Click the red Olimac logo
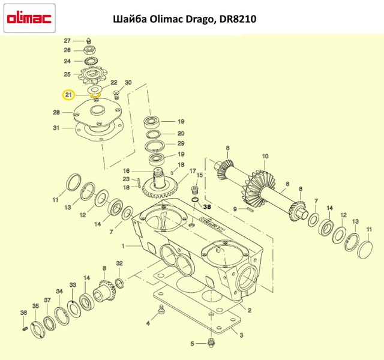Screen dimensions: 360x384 [28, 19]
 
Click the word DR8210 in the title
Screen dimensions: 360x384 [236, 19]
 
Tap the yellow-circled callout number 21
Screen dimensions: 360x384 [68, 95]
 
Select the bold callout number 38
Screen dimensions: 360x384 [207, 206]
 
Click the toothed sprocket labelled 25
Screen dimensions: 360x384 [94, 75]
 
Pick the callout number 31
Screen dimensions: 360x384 [56, 128]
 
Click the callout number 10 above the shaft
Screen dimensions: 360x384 [264, 157]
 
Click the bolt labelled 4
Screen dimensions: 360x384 [161, 311]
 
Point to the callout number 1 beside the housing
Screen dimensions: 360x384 [123, 246]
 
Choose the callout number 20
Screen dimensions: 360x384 [181, 133]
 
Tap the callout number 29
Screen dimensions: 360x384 [181, 144]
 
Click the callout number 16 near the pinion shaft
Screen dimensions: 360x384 [136, 170]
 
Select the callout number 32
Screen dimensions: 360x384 [119, 263]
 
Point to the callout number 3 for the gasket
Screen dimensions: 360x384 [241, 335]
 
